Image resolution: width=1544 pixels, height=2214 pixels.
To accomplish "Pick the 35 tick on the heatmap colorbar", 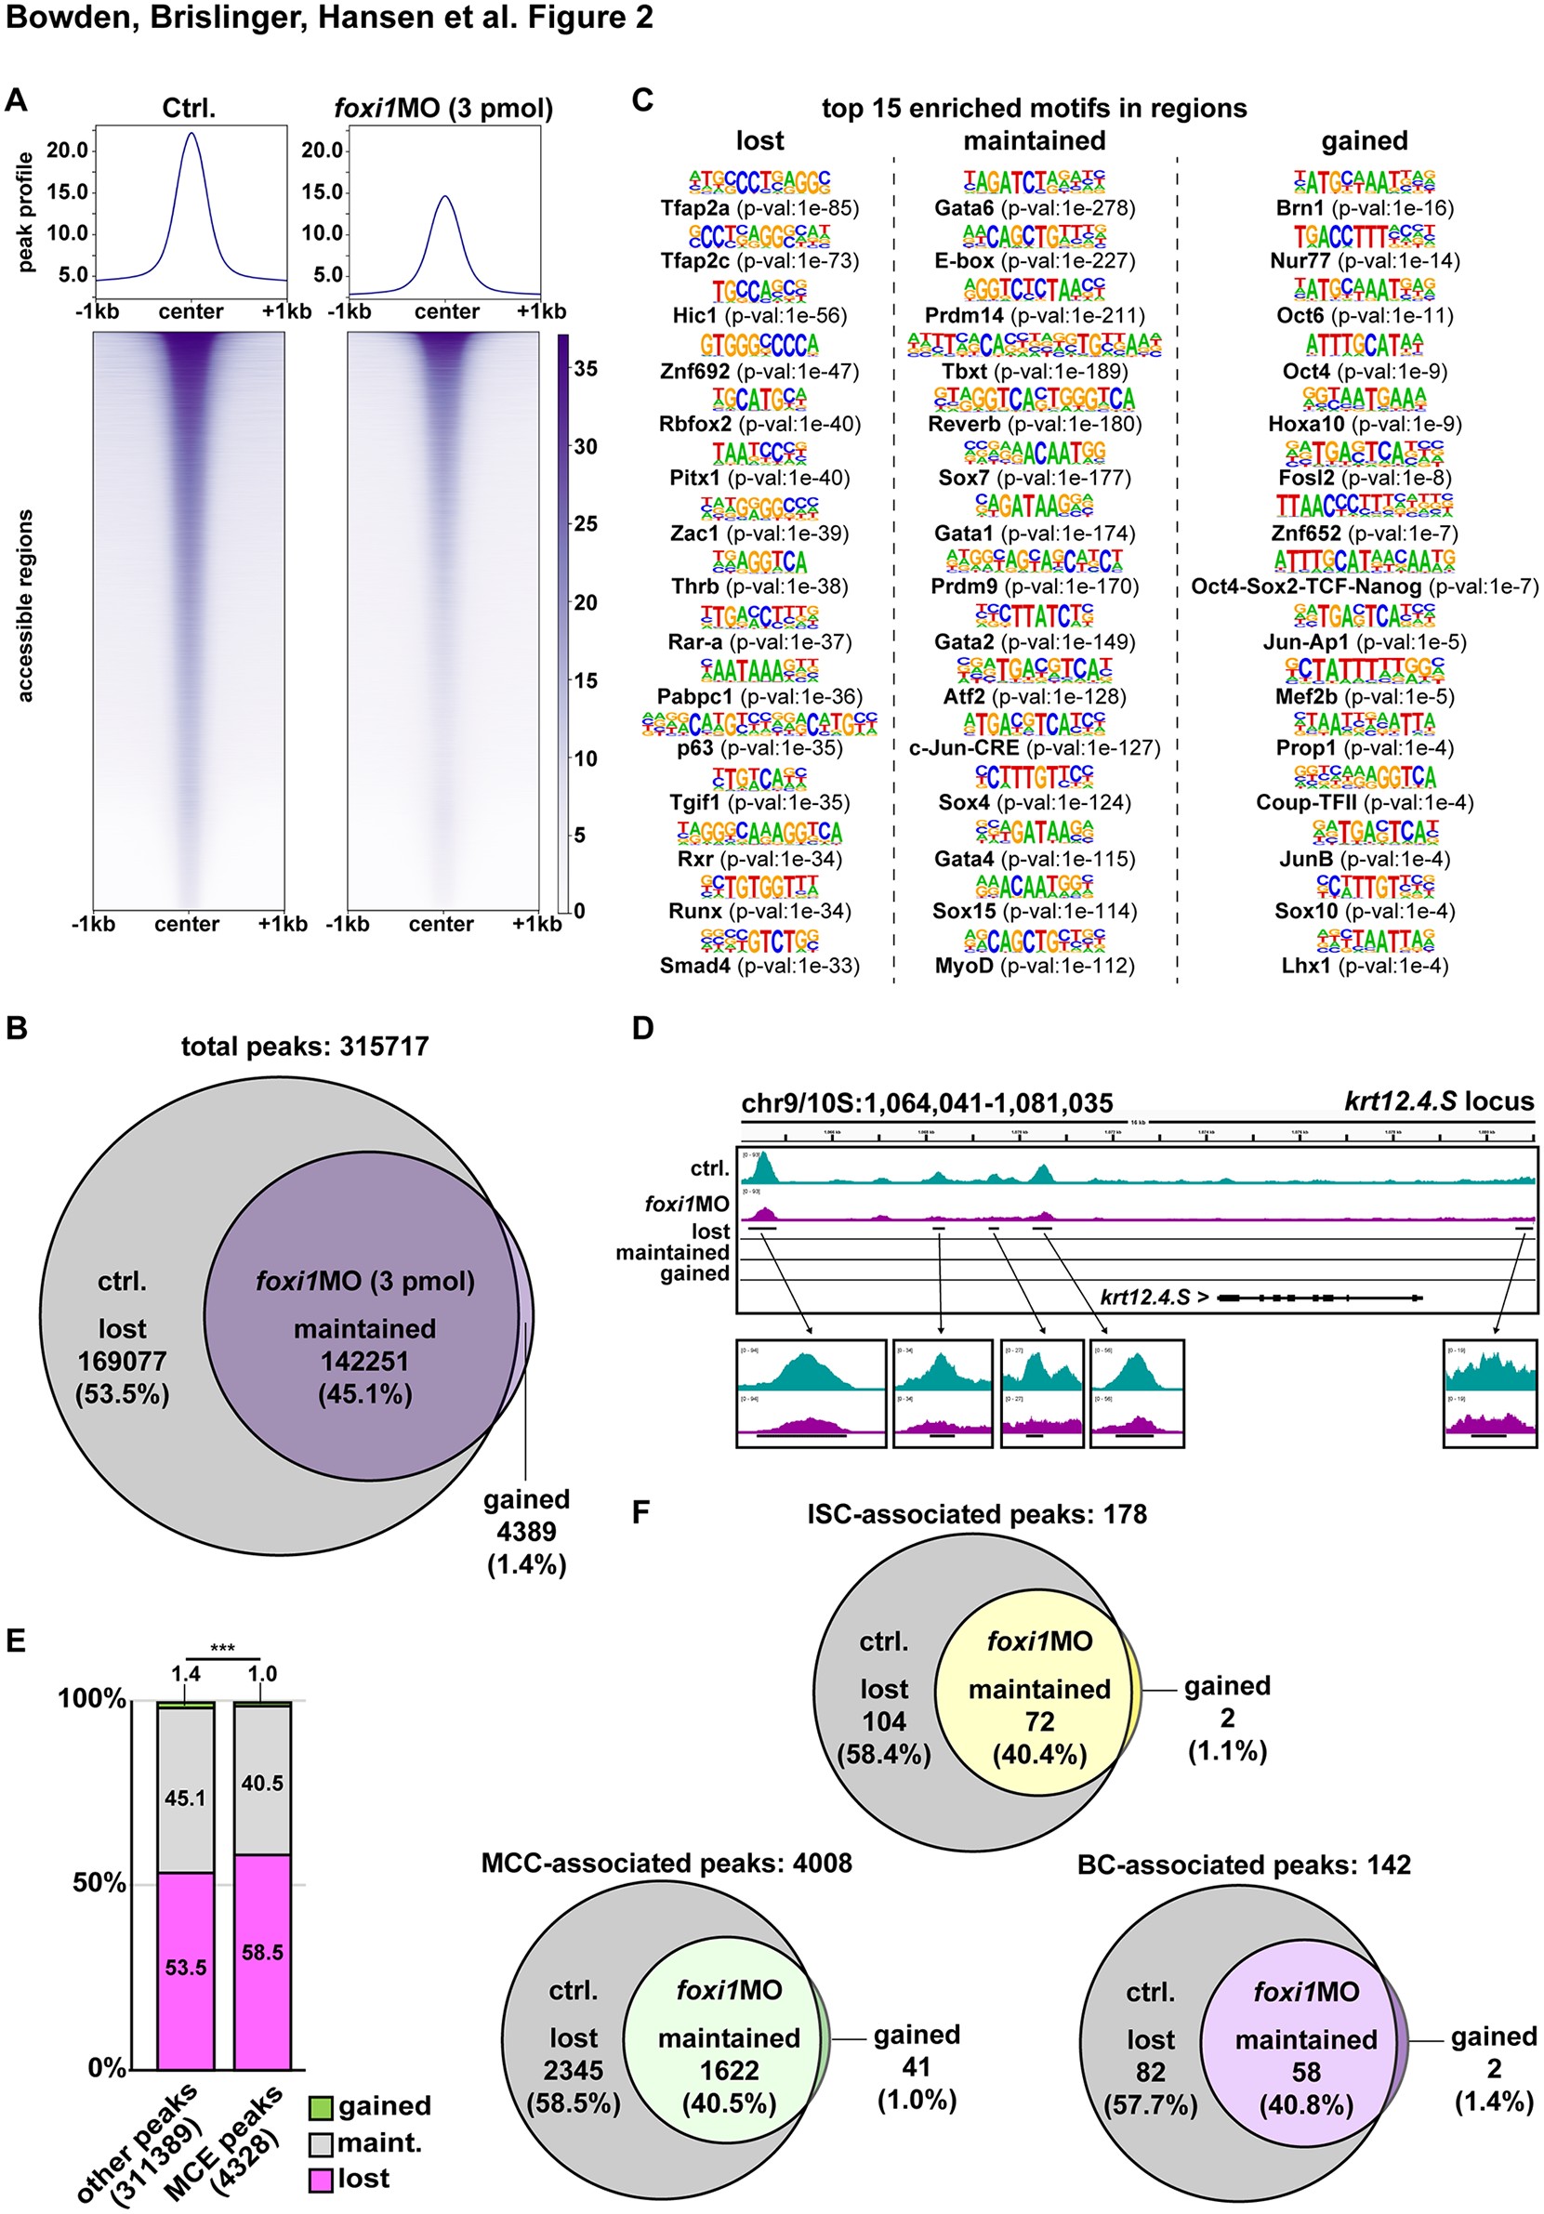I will tap(585, 368).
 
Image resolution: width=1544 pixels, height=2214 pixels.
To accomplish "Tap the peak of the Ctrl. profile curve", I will tap(191, 133).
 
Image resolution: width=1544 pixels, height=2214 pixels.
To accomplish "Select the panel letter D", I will tap(643, 1029).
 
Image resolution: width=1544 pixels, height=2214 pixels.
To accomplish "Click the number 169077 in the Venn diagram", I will tap(123, 1362).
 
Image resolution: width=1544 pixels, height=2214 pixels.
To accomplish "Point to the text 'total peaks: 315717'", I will tap(305, 1048).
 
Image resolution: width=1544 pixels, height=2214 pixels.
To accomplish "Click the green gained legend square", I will tap(321, 2107).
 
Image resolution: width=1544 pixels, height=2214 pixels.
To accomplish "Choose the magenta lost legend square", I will tap(321, 2180).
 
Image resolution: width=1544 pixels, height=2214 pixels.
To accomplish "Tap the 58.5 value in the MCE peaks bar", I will tap(262, 1953).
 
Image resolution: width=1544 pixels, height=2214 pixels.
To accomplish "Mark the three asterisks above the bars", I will tap(223, 1648).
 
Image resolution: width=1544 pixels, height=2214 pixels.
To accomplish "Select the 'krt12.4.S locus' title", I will tap(1438, 1102).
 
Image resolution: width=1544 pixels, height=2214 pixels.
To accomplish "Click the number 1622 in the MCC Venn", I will tap(729, 2071).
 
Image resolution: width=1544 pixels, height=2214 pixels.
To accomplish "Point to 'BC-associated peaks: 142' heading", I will tap(1243, 1865).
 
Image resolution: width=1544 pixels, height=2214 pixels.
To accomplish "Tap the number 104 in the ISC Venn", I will tap(883, 1722).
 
